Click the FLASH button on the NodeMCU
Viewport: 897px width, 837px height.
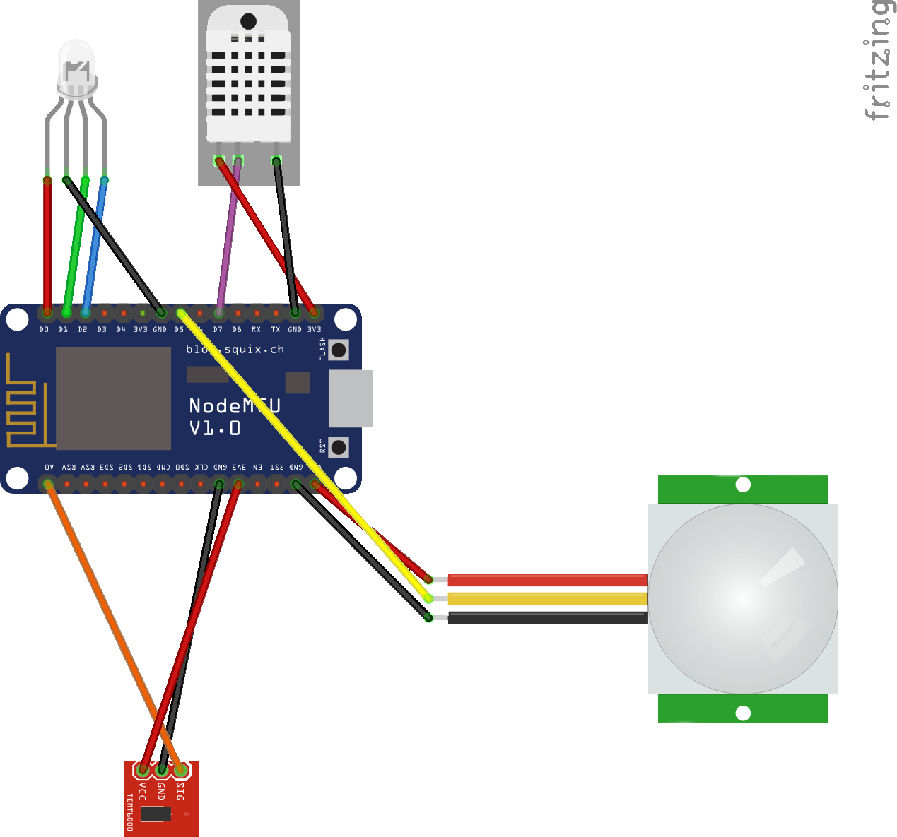(339, 350)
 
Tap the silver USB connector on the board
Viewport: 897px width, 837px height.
(351, 398)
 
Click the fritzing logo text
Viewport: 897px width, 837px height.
(878, 61)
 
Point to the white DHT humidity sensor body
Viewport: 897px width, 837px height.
(248, 78)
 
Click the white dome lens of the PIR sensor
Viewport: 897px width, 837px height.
(742, 598)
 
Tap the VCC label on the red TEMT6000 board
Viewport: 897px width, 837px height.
(142, 791)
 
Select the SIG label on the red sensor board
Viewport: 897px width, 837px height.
(180, 791)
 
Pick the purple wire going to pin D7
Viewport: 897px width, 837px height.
(228, 237)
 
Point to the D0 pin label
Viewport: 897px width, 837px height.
(45, 330)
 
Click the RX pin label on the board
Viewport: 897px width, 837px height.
(256, 330)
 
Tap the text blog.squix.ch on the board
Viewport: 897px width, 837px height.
(235, 349)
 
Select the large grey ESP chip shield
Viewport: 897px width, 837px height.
(113, 398)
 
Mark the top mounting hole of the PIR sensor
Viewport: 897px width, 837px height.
(743, 485)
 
